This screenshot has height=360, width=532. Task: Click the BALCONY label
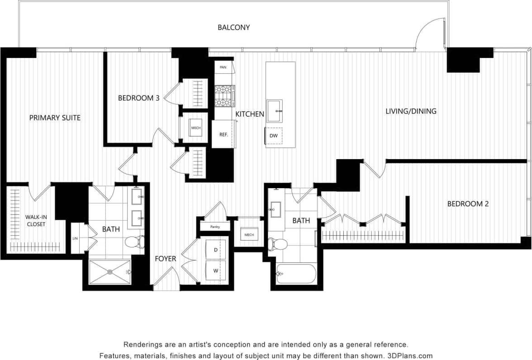point(233,28)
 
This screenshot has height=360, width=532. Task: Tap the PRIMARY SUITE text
point(55,118)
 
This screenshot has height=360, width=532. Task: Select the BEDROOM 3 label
point(138,98)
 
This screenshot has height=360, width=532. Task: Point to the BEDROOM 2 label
point(468,204)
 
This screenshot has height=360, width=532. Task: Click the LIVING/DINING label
point(411,111)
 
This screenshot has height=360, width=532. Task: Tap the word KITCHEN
point(250,114)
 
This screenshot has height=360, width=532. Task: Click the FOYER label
point(165,259)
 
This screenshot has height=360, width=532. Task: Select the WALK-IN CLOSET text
point(36,220)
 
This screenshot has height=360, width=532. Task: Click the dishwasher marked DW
point(274,136)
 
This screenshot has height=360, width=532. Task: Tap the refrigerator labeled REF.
point(223,134)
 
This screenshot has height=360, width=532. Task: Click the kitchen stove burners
point(224,96)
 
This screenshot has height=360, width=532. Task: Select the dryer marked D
point(216,250)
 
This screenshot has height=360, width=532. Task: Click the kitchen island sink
point(274,111)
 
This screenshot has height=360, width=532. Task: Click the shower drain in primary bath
point(109,272)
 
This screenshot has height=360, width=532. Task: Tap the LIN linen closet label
point(75,238)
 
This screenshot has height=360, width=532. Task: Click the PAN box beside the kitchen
point(223,67)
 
